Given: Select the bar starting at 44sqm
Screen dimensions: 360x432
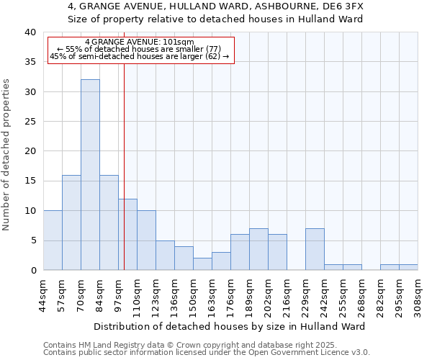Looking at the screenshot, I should coord(53,240).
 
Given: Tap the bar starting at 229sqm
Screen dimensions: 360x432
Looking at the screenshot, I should coord(315,249).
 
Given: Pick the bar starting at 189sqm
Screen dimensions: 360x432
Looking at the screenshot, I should coord(258,249).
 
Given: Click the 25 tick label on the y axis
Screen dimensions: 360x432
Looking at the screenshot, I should coord(30,122).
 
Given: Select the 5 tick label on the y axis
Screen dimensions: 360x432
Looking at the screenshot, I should coord(33,240).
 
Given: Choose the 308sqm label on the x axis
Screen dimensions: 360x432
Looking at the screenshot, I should coord(418,294).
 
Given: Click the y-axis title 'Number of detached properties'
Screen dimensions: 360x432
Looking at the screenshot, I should coord(6,151).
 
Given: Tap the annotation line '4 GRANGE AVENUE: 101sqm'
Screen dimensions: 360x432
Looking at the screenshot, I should coord(140,42).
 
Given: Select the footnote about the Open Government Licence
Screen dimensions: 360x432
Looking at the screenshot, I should coord(207,352).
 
